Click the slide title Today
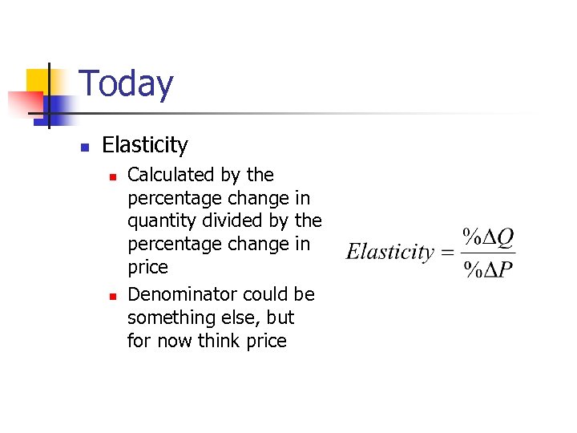127,84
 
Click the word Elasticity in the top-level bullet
145,145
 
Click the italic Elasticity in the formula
389,252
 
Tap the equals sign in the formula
447,253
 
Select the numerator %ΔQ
489,237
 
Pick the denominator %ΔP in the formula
489,269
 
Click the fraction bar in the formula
489,253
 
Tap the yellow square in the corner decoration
38,80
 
